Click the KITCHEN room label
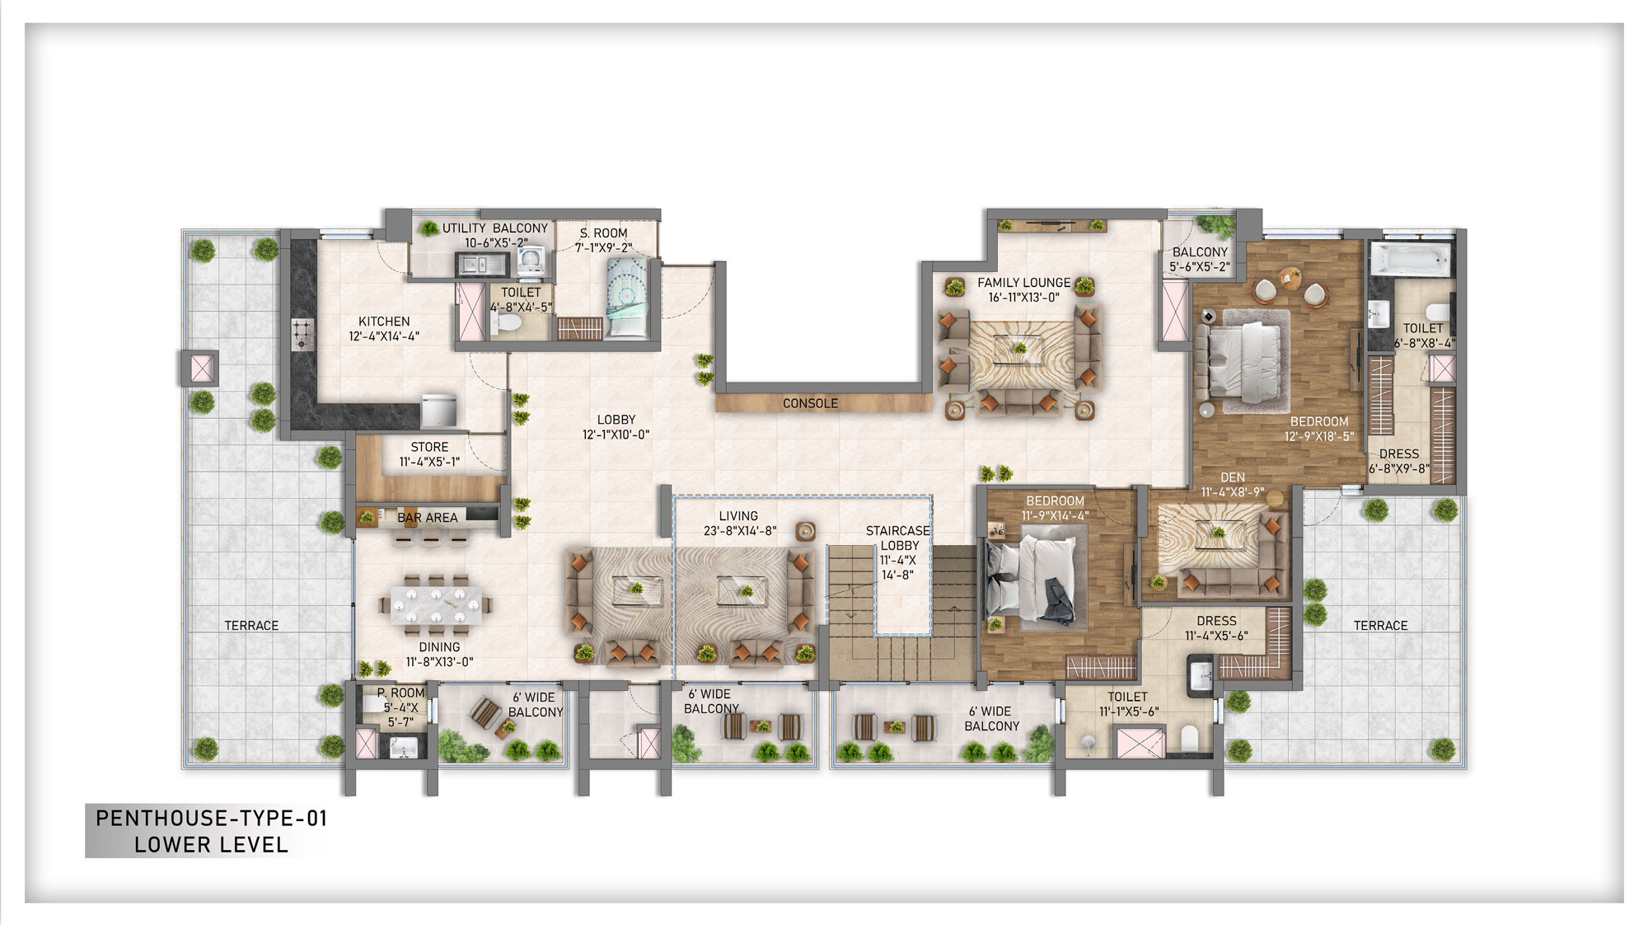click(384, 322)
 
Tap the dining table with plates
click(435, 605)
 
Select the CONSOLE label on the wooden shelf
click(810, 403)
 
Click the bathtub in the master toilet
click(1409, 259)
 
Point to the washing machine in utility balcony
click(531, 261)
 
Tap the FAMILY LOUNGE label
click(1023, 283)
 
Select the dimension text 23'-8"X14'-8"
click(739, 531)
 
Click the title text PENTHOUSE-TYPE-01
click(212, 819)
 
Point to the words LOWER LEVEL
click(212, 845)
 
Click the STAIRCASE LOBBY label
click(897, 538)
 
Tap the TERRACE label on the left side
click(251, 626)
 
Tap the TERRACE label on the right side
click(1380, 626)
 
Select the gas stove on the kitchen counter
click(302, 333)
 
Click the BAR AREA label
click(427, 518)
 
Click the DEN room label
click(1233, 477)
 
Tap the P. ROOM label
click(401, 693)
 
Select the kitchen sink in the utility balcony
click(481, 265)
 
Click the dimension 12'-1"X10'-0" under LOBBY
click(616, 434)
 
